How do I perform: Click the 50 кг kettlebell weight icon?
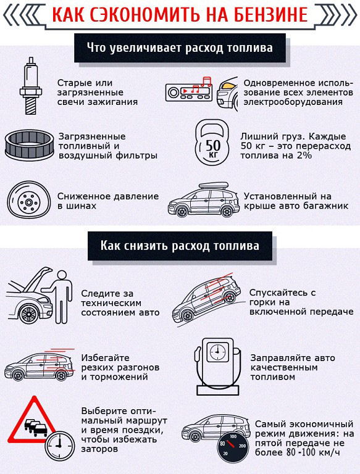(212, 146)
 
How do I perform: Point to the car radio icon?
(188, 93)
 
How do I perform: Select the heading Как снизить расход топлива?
(180, 245)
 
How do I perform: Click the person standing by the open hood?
(60, 299)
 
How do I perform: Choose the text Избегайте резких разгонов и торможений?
(120, 367)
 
